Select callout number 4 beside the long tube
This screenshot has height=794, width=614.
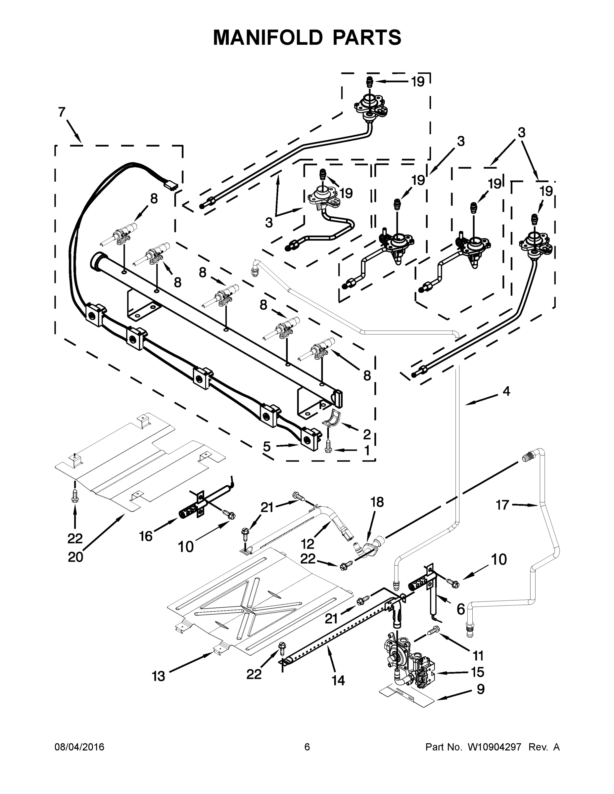(506, 392)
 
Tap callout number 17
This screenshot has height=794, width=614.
(502, 505)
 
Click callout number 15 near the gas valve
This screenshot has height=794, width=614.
(478, 672)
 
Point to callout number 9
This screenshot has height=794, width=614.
(481, 689)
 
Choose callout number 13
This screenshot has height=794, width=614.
(159, 676)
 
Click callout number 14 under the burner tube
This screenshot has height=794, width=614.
(338, 680)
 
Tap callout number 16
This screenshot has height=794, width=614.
(146, 536)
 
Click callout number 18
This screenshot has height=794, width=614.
(377, 502)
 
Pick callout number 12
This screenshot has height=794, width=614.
(307, 544)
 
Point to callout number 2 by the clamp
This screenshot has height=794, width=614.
(367, 434)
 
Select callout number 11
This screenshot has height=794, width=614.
(478, 655)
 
